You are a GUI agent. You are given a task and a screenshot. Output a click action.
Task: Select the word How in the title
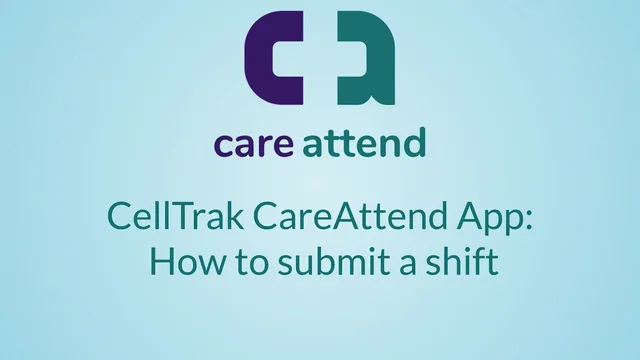coord(178,263)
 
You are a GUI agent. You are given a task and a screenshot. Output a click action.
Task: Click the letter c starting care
coord(222,146)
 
